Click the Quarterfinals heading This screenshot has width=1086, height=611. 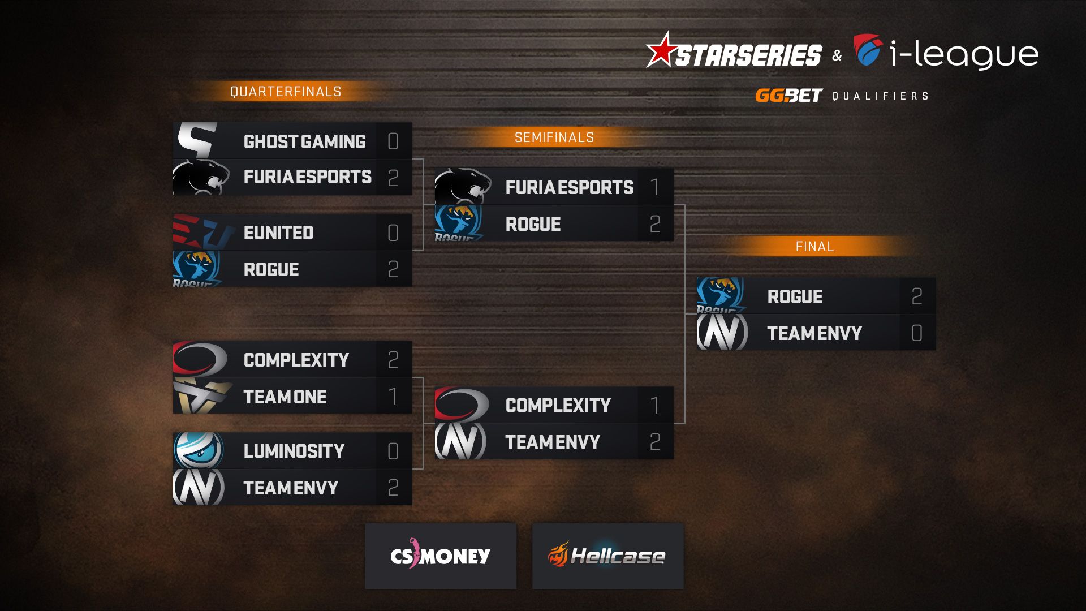coord(286,92)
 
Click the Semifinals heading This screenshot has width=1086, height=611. coord(554,137)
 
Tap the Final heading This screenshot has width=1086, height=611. coord(815,247)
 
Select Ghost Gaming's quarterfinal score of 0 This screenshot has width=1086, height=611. coord(393,141)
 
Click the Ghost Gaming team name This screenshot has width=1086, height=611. coord(304,141)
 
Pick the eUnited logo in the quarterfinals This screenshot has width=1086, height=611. coord(203,232)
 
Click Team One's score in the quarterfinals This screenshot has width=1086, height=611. coord(394,396)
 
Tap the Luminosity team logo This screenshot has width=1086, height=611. coord(199,450)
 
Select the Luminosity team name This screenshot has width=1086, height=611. coord(294,451)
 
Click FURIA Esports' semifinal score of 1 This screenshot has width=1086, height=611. coord(655,187)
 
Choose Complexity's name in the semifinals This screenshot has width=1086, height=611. coord(558,405)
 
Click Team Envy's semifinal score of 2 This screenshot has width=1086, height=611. coord(655,441)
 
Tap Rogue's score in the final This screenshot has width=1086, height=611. coord(917,296)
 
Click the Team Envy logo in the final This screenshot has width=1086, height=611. coord(722,332)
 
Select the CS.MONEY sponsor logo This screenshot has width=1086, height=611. coord(441,556)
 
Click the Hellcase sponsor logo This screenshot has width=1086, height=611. coord(607,556)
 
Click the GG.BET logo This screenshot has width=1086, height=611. coord(788,96)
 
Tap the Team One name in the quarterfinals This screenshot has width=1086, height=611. coord(285,397)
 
